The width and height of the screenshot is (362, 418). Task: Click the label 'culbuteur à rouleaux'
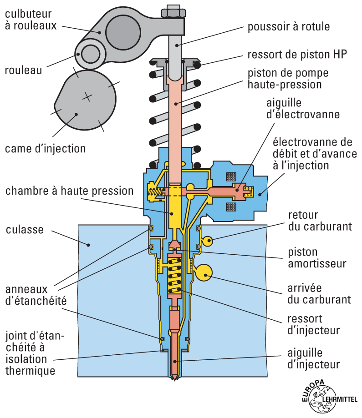pyautogui.click(x=31, y=20)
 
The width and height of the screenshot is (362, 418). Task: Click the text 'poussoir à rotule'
pyautogui.click(x=288, y=27)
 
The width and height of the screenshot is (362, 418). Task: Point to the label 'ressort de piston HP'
pyautogui.click(x=297, y=55)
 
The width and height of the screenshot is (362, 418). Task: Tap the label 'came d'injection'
pyautogui.click(x=45, y=148)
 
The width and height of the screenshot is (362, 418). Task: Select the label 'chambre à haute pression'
pyautogui.click(x=69, y=190)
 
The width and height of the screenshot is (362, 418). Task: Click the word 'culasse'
pyautogui.click(x=25, y=229)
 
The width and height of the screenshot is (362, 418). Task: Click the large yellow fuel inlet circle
pyautogui.click(x=204, y=273)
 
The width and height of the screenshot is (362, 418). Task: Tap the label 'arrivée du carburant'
pyautogui.click(x=319, y=294)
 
